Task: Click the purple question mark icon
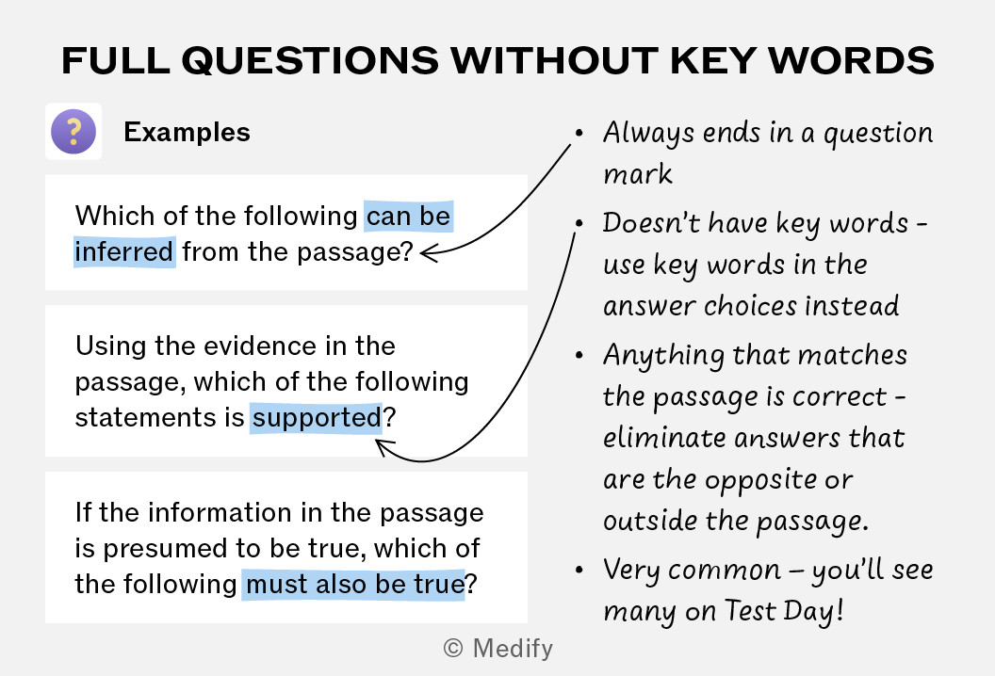(73, 131)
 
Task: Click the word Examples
(187, 132)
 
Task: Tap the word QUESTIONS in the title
(310, 61)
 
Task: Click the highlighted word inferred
(124, 251)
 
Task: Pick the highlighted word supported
(317, 417)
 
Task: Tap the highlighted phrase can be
(409, 217)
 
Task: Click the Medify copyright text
(498, 648)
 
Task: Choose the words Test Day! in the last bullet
(784, 611)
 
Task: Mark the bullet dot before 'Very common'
(579, 571)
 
